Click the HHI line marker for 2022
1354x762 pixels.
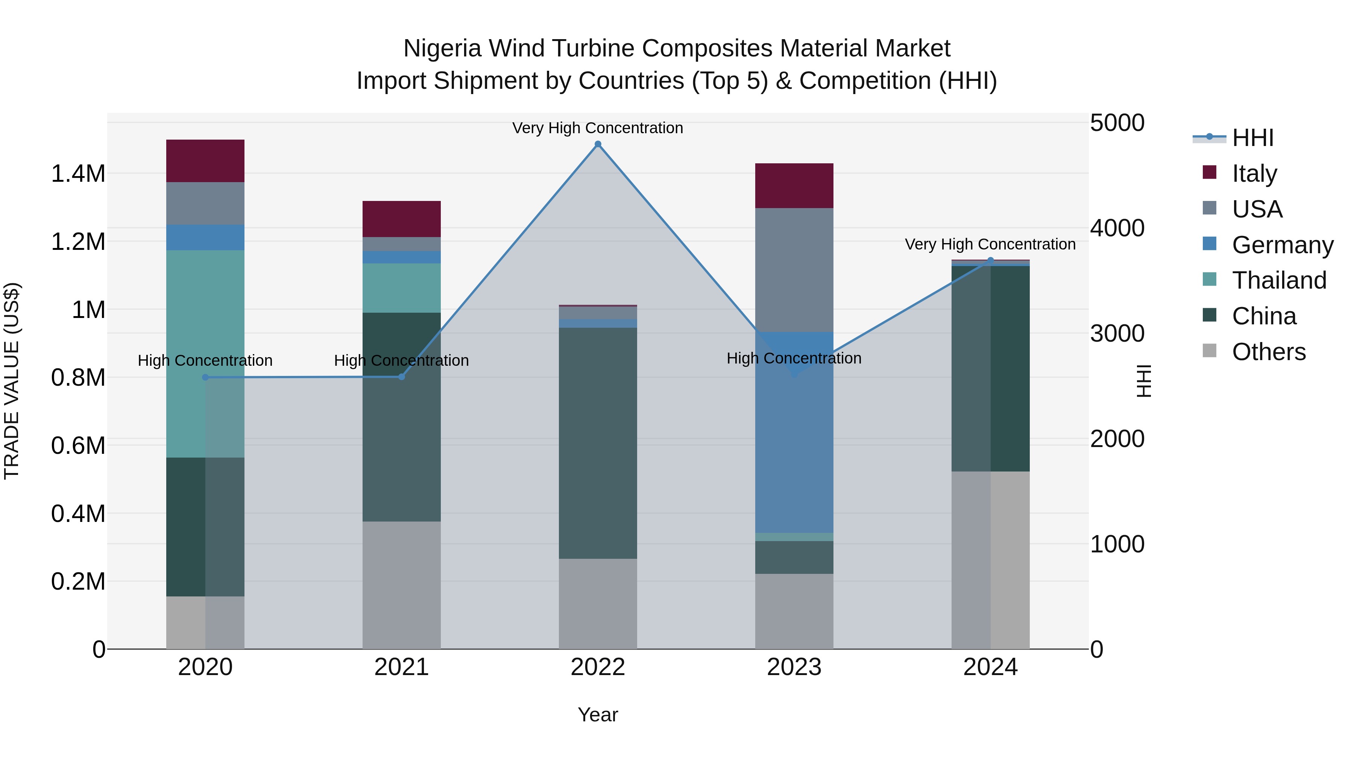point(598,144)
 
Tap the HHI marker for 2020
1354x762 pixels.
point(205,377)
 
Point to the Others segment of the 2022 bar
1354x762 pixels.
point(598,604)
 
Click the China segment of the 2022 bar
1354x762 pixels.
point(598,443)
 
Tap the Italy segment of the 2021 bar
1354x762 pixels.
point(402,219)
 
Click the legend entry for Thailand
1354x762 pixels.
point(1278,280)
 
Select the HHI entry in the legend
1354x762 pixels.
point(1252,138)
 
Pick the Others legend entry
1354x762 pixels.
point(1268,352)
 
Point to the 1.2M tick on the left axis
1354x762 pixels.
point(78,242)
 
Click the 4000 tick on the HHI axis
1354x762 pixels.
point(1117,228)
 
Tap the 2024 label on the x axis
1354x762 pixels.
point(990,667)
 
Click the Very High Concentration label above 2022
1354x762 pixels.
point(598,128)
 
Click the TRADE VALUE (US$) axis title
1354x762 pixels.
point(12,381)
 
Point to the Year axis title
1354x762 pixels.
point(598,715)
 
